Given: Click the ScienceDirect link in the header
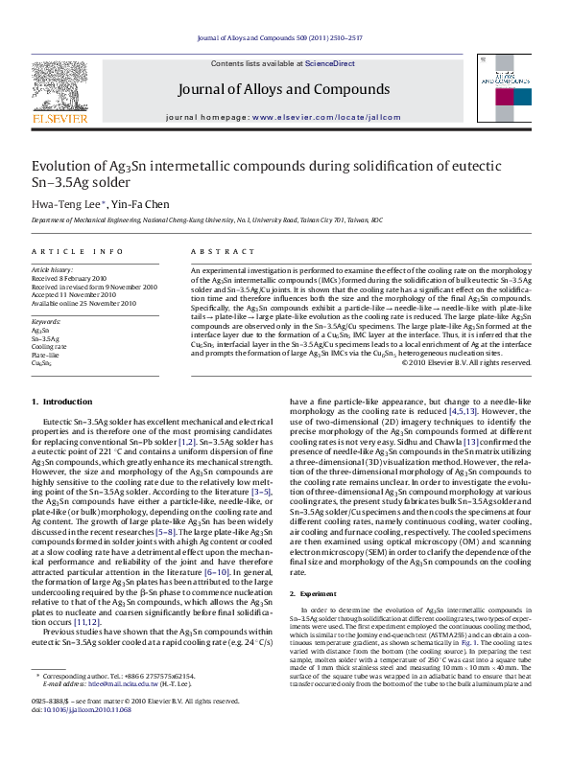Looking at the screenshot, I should [x=329, y=63].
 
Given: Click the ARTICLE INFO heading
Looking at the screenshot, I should [x=78, y=251].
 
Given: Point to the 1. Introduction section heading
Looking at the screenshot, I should [x=62, y=401].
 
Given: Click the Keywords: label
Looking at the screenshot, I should [x=47, y=321].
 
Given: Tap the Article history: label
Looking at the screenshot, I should [x=53, y=271].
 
